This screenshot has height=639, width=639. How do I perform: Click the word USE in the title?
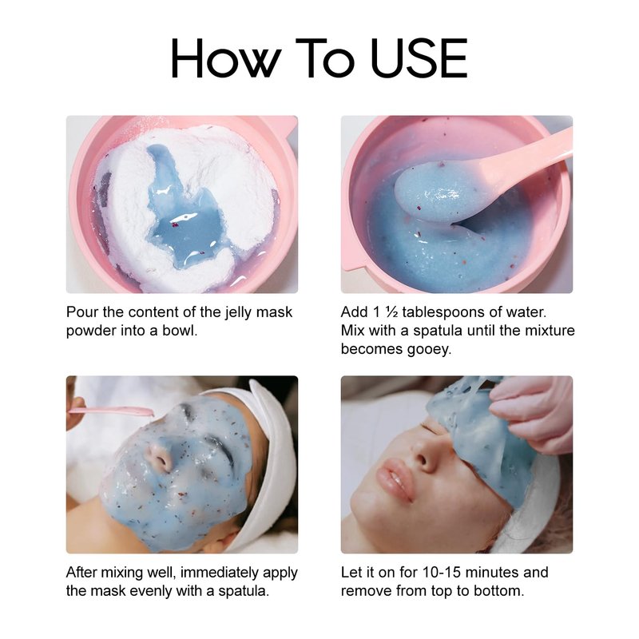419,58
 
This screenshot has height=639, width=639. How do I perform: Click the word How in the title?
226,58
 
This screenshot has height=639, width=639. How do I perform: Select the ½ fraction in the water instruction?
391,312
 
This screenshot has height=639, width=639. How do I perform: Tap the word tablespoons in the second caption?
444,312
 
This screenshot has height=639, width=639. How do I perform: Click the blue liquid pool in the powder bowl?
190,225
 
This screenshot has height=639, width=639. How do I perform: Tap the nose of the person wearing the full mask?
161,455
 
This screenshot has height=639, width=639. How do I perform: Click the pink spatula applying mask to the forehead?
110,411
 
